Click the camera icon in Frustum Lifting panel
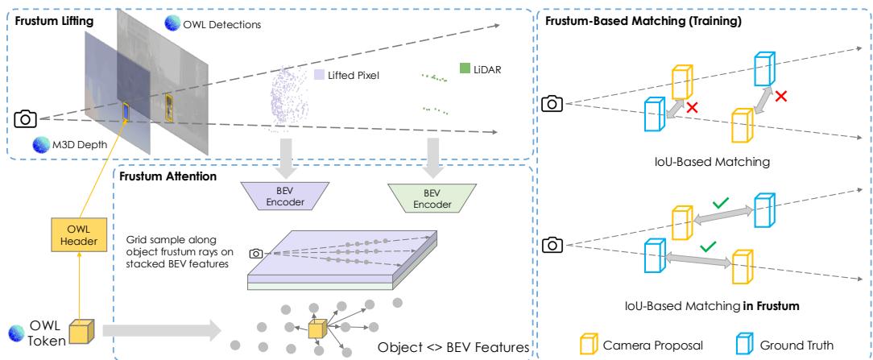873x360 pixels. click(x=25, y=118)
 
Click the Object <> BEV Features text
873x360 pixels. click(x=451, y=347)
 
